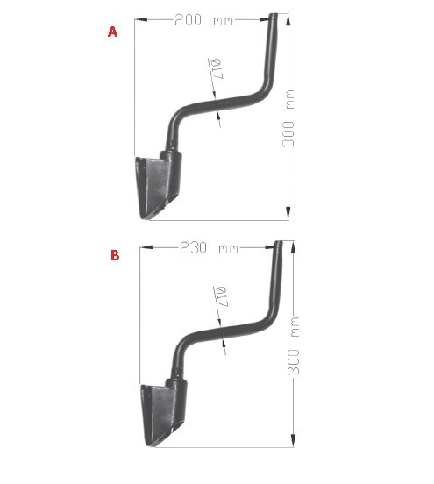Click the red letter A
pyautogui.click(x=113, y=32)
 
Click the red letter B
pyautogui.click(x=115, y=255)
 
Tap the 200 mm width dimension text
pyautogui.click(x=204, y=20)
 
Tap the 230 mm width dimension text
pyautogui.click(x=209, y=248)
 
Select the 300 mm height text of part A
pyautogui.click(x=288, y=118)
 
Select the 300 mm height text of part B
pyautogui.click(x=294, y=345)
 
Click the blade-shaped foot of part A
pyautogui.click(x=159, y=185)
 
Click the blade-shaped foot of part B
pyautogui.click(x=164, y=412)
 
